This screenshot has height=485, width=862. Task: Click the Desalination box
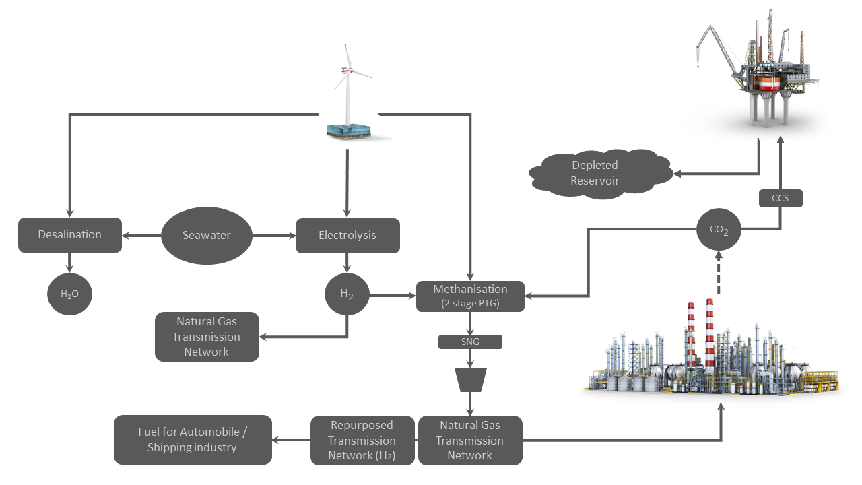[x=70, y=235]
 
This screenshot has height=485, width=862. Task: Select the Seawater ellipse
[x=207, y=236]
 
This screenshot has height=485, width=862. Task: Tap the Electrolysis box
[x=347, y=235]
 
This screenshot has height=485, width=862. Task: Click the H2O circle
[x=70, y=294]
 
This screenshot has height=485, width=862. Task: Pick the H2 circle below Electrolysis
[x=347, y=295]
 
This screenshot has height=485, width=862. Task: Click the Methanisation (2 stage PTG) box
[x=470, y=296]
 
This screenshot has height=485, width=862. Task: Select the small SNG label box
[x=470, y=342]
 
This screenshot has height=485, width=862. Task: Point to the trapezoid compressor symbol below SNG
[x=470, y=379]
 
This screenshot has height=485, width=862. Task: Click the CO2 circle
[x=719, y=229]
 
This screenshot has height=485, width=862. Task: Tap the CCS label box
[x=781, y=198]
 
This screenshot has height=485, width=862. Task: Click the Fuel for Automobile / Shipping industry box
[x=193, y=440]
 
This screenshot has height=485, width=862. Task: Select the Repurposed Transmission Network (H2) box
[x=362, y=441]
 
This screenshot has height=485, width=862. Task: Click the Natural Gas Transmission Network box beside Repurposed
[x=470, y=441]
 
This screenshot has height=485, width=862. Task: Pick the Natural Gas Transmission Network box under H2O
[x=207, y=337]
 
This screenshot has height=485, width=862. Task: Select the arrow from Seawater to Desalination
[x=141, y=236]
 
